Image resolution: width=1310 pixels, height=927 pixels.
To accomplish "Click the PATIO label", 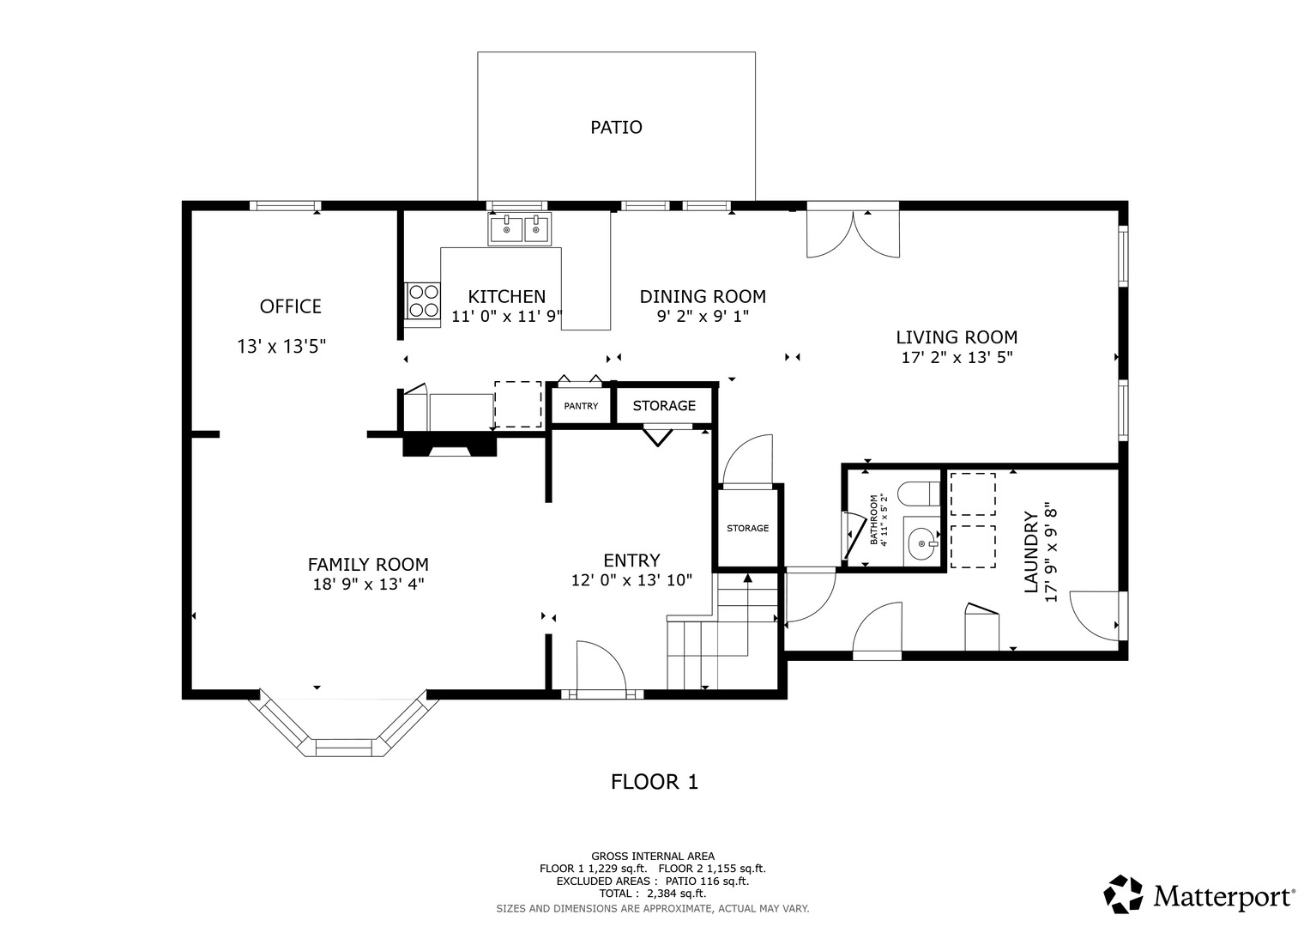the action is click(616, 127).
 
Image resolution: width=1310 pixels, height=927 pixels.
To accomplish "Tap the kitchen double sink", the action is click(519, 229).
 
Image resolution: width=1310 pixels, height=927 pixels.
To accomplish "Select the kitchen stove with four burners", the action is click(422, 300).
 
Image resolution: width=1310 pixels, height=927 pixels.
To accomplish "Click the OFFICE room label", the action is click(290, 306).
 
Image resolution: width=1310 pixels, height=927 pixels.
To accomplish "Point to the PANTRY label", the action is click(581, 406).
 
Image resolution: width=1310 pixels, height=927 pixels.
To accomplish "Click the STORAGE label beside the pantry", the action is click(664, 405).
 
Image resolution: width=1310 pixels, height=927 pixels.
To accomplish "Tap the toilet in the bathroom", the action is click(918, 494).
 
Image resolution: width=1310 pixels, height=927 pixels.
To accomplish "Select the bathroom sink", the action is click(921, 542).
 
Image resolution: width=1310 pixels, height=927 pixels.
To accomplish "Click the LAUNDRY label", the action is click(1031, 552).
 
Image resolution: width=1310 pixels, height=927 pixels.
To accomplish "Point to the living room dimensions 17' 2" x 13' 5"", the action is click(957, 357).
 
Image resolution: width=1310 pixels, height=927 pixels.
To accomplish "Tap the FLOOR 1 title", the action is click(655, 782).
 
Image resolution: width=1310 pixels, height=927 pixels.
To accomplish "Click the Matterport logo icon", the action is click(1123, 894).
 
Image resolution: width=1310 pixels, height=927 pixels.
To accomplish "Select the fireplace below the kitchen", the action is click(450, 445).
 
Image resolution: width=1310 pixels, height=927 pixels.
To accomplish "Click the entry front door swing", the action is click(601, 667).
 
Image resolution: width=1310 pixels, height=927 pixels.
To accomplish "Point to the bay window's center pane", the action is click(344, 748).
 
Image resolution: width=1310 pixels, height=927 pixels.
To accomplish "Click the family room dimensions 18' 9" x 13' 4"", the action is click(368, 584).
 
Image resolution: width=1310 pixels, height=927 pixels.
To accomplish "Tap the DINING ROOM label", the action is click(703, 297).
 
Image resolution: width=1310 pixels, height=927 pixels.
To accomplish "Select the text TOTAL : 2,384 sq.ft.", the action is click(653, 894).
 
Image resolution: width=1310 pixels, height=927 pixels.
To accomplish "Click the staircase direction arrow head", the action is click(747, 579).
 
